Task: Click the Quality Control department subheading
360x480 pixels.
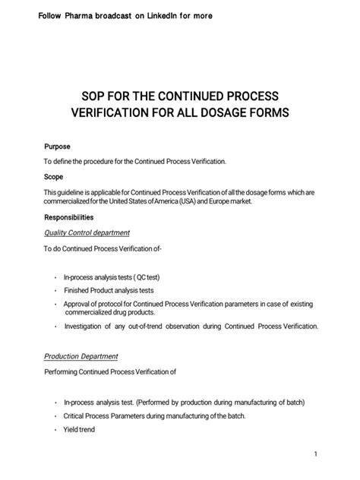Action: [87, 232]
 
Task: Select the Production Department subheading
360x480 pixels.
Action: [81, 356]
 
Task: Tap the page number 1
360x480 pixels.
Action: [335, 454]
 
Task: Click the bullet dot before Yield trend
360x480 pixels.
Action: [55, 431]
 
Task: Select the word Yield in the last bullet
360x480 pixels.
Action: [72, 431]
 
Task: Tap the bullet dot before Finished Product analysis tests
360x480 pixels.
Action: [55, 290]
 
